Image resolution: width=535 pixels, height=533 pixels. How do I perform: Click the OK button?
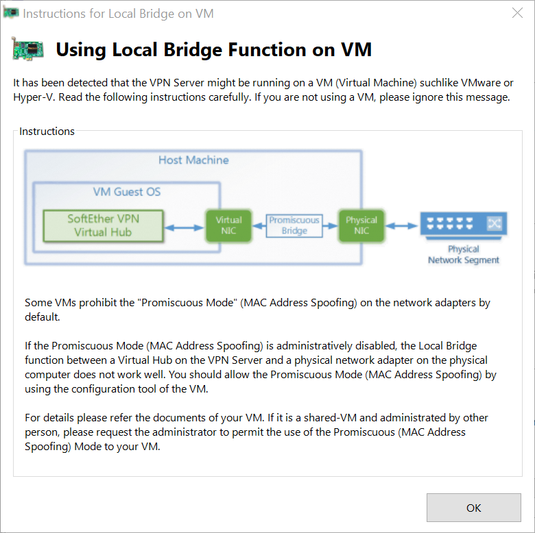[x=473, y=508]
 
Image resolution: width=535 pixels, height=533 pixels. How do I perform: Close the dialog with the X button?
[x=517, y=13]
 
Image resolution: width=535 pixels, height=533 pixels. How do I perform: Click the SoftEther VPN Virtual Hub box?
[x=103, y=225]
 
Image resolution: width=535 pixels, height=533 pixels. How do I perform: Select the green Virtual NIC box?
[x=228, y=225]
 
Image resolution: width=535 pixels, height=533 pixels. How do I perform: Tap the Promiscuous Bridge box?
[x=294, y=225]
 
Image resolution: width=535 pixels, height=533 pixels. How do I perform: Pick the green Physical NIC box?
[x=361, y=225]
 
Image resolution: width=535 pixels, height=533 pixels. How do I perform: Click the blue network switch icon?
[x=464, y=224]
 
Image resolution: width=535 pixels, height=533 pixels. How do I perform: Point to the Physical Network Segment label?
[x=464, y=255]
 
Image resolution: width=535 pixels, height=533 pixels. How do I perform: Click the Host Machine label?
[x=193, y=160]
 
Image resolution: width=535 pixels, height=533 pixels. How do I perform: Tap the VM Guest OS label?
[x=127, y=192]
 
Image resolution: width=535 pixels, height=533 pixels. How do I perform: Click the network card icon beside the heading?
[x=28, y=49]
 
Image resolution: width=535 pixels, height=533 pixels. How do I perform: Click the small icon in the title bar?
[x=11, y=13]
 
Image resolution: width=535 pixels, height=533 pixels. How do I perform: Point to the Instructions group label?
[x=47, y=132]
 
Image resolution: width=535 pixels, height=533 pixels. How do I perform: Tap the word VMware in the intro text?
[x=468, y=83]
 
